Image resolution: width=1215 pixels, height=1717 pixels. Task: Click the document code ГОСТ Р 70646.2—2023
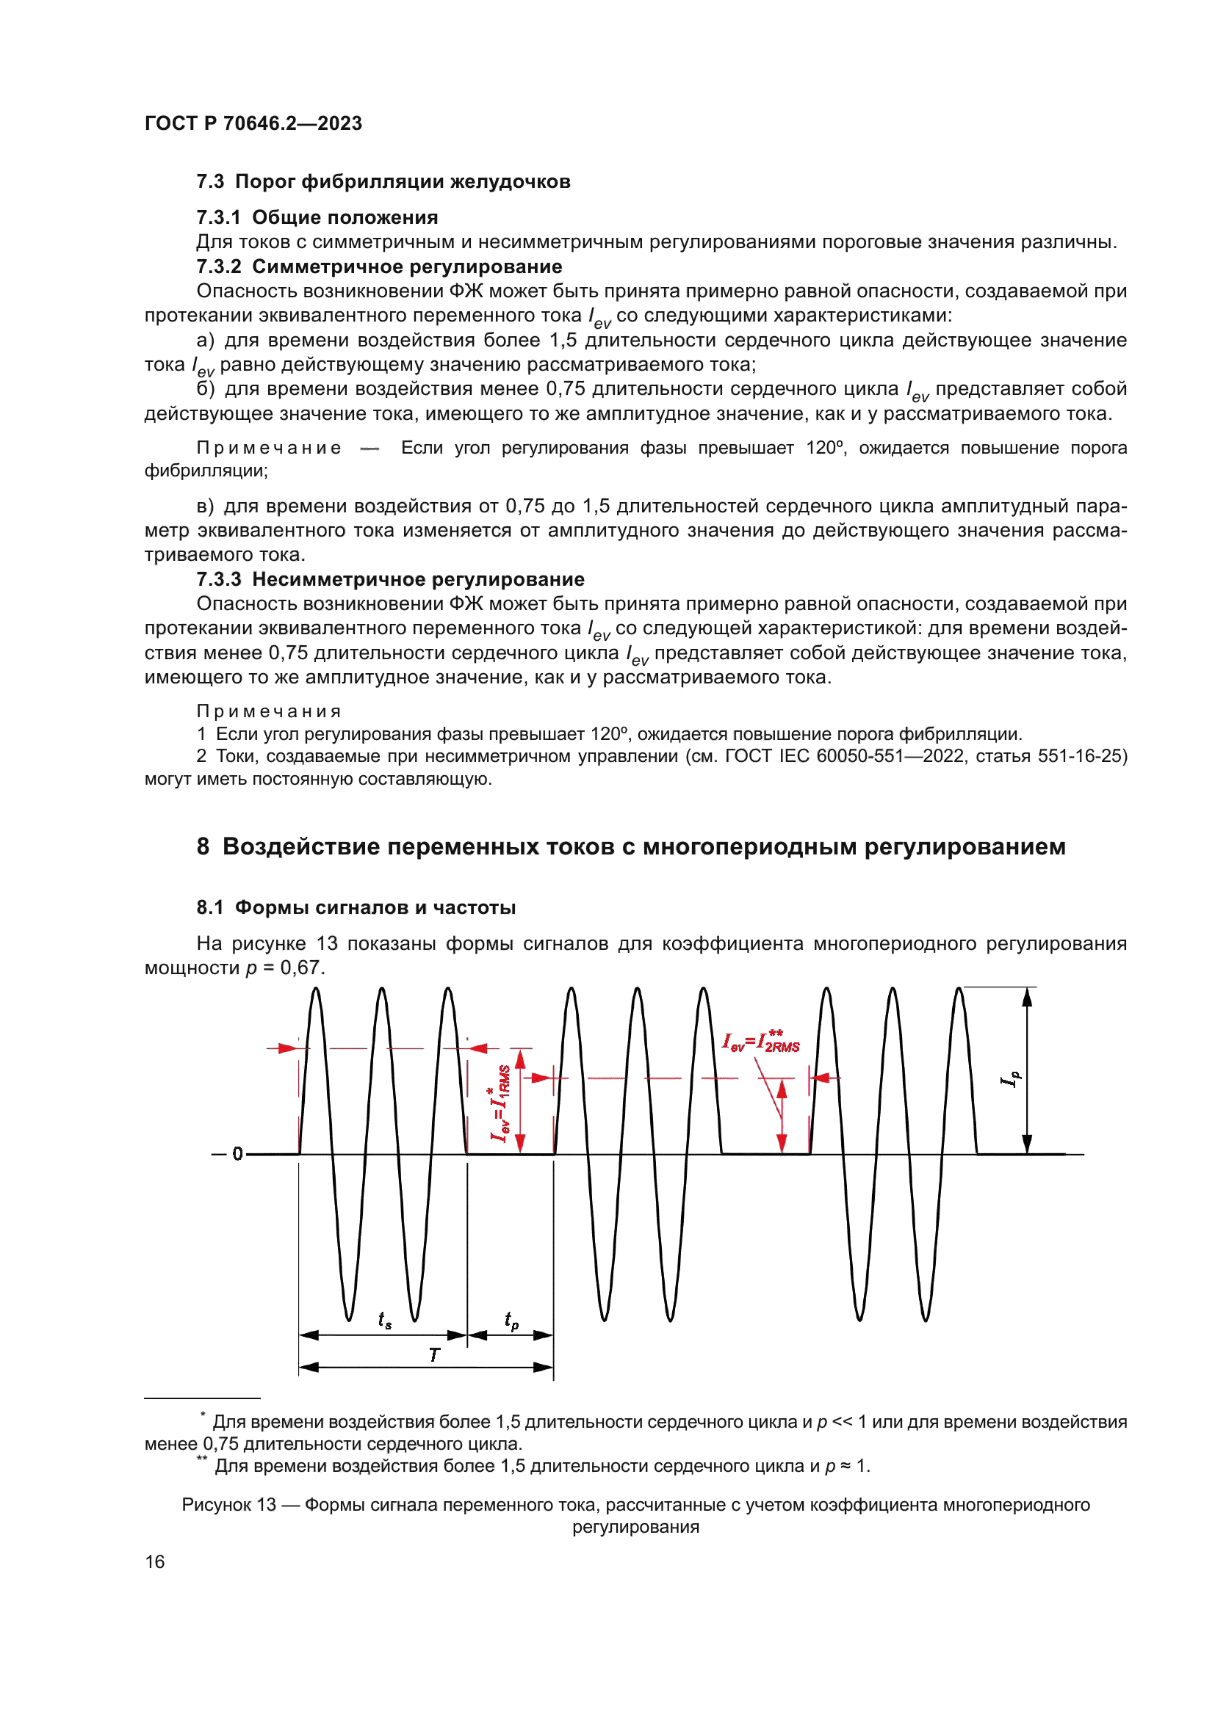pyautogui.click(x=253, y=123)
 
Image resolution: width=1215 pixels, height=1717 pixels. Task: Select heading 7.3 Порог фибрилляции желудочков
pyautogui.click(x=383, y=182)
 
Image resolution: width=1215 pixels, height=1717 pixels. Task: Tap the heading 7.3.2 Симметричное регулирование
pyautogui.click(x=379, y=267)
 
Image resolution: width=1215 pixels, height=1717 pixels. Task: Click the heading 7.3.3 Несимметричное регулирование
pyautogui.click(x=391, y=580)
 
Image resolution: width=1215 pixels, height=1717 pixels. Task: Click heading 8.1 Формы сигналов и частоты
pyautogui.click(x=356, y=908)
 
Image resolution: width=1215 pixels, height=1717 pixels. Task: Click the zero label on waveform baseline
pyautogui.click(x=237, y=1154)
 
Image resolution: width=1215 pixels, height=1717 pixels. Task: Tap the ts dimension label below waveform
pyautogui.click(x=384, y=1320)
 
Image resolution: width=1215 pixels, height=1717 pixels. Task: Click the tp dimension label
pyautogui.click(x=512, y=1321)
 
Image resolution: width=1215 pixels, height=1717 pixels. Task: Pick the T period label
pyautogui.click(x=435, y=1355)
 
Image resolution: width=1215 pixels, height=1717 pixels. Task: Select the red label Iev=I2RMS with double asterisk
pyautogui.click(x=761, y=1042)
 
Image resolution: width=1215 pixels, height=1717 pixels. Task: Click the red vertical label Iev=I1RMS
pyautogui.click(x=500, y=1104)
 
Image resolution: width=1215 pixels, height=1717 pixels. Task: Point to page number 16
pyautogui.click(x=155, y=1561)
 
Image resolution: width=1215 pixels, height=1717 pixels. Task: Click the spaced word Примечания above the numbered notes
pyautogui.click(x=269, y=712)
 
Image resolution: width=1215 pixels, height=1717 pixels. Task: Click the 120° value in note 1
pyautogui.click(x=610, y=734)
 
